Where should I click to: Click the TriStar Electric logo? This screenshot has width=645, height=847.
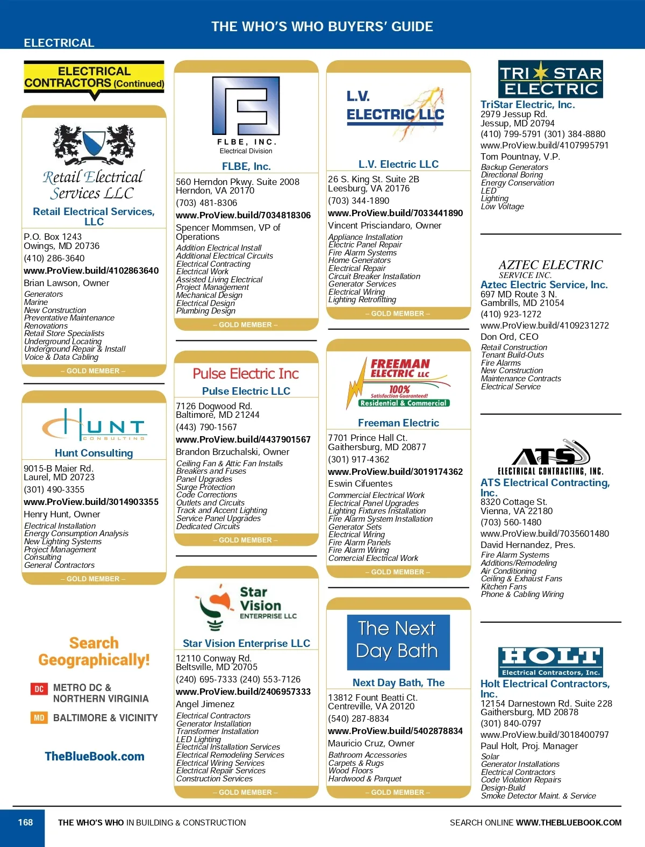coord(550,79)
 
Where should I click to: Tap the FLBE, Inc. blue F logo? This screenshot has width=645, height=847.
coord(246,106)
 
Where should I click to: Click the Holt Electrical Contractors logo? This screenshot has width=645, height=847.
coord(550,661)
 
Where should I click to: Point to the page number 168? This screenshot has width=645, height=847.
coord(25,822)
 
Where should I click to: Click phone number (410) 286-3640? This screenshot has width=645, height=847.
coord(54,258)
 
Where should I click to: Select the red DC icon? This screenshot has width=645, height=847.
coord(39,688)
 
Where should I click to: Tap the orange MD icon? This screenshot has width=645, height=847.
coord(39,718)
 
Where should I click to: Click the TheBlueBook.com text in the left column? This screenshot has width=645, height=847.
coord(95,756)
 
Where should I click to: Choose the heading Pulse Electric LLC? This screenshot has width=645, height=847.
coord(246,391)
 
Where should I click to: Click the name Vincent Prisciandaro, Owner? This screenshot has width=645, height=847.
coord(384,225)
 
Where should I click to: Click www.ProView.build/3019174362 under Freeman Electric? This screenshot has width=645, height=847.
coord(395,472)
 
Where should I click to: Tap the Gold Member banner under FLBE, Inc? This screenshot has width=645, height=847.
coord(246,325)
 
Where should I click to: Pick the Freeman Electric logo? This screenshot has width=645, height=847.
coord(398,383)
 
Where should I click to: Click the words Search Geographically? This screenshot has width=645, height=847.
coord(94,651)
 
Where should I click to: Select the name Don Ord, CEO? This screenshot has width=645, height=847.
coord(509,337)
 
